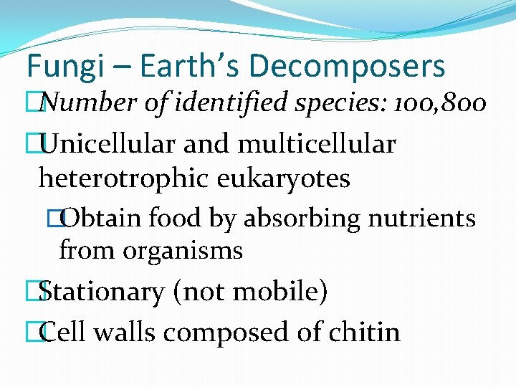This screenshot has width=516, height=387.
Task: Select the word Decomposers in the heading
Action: click(347, 67)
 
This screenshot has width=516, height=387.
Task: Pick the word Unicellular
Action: click(107, 144)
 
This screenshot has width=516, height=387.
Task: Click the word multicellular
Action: click(316, 144)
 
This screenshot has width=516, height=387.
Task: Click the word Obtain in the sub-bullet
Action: click(100, 218)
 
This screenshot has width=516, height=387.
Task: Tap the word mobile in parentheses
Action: click(273, 292)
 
